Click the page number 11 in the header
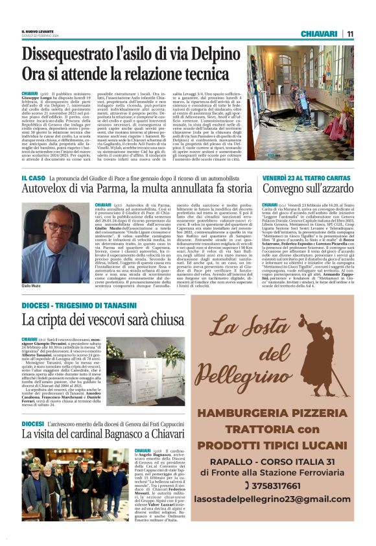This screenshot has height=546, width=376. point(350,34)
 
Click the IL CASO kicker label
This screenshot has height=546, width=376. point(32,177)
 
